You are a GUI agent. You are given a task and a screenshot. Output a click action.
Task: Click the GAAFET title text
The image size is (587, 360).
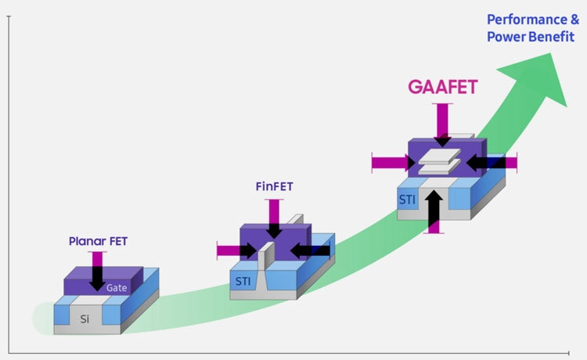[443, 86]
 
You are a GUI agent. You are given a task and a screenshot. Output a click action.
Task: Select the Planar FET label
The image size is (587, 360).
[97, 241]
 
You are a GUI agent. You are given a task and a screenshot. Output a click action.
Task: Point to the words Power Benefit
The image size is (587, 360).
[531, 37]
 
